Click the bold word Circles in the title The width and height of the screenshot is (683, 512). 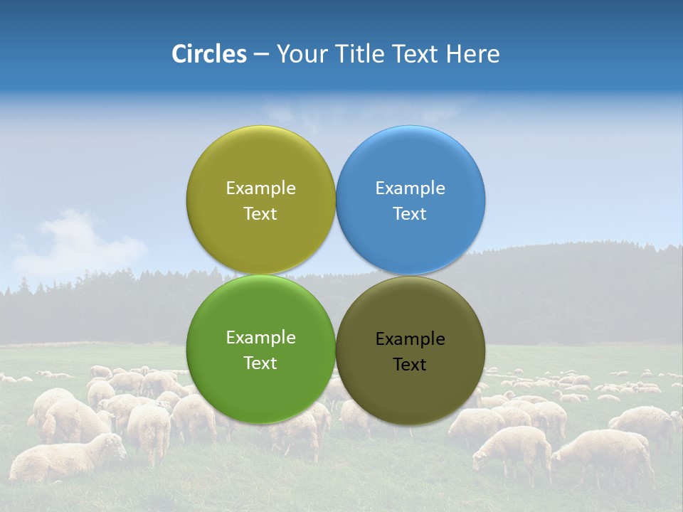click(208, 54)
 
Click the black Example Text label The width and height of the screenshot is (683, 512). click(411, 351)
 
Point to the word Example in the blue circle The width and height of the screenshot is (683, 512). click(411, 188)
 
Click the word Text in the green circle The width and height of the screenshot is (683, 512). click(260, 363)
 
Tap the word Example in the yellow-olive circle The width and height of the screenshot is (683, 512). click(260, 188)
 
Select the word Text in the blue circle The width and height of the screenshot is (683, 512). click(411, 214)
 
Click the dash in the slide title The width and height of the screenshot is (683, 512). click(261, 54)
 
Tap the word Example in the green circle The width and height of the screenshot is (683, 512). click(260, 338)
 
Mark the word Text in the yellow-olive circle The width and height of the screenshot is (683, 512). click(260, 214)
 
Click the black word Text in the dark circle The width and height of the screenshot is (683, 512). click(411, 365)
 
